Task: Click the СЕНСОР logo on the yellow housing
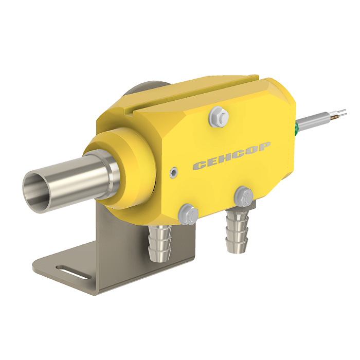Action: pos(232,156)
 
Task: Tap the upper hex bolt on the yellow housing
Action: pos(219,117)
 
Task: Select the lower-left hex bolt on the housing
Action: pos(188,214)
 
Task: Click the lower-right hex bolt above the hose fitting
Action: pos(244,196)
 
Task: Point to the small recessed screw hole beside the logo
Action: pos(173,172)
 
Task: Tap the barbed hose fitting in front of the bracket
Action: pos(160,243)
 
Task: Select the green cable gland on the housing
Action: pos(296,128)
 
